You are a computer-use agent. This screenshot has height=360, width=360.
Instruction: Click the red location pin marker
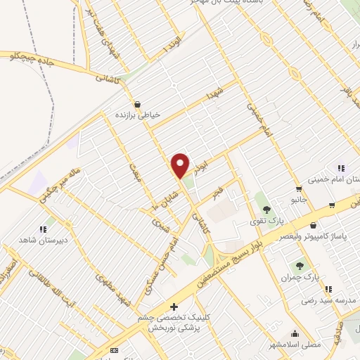tap(181, 165)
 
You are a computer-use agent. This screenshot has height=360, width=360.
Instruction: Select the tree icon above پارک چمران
tap(300, 266)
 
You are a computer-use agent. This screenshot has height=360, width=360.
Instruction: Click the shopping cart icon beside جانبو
tap(299, 189)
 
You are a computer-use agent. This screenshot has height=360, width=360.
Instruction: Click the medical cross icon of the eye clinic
tap(174, 307)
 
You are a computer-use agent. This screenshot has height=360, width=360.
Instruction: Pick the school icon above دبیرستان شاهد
tap(43, 228)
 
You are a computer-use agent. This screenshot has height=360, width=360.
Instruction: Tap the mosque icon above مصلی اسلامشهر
tap(294, 334)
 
